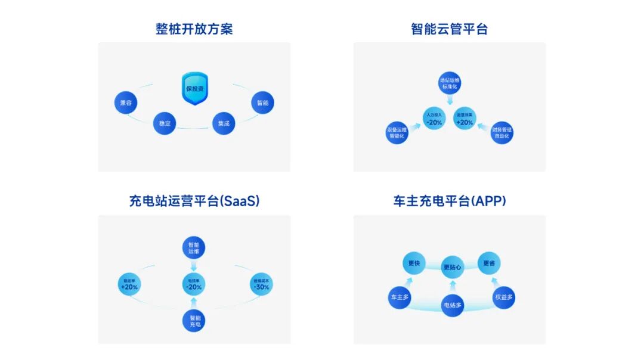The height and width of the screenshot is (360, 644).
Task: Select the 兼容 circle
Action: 125,103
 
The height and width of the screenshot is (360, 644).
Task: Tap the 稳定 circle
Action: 165,123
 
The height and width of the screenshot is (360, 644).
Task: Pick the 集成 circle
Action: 224,123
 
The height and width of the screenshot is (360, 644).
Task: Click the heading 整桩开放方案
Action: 194,29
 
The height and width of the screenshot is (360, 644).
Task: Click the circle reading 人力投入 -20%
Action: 434,119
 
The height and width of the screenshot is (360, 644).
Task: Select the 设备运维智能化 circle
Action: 397,133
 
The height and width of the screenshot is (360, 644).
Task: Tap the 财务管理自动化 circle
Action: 502,133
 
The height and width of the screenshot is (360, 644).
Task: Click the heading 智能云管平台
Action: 449,29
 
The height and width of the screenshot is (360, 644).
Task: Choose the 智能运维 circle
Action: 194,248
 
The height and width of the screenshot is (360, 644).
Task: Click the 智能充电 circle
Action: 194,320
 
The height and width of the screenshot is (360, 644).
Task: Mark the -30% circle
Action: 261,284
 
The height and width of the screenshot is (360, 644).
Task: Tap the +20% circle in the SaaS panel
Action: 129,284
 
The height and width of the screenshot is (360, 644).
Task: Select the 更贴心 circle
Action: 452,268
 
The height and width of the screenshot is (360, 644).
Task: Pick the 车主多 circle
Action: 400,297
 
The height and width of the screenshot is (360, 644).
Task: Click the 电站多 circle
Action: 452,305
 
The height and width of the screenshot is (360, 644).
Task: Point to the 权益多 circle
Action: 504,297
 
